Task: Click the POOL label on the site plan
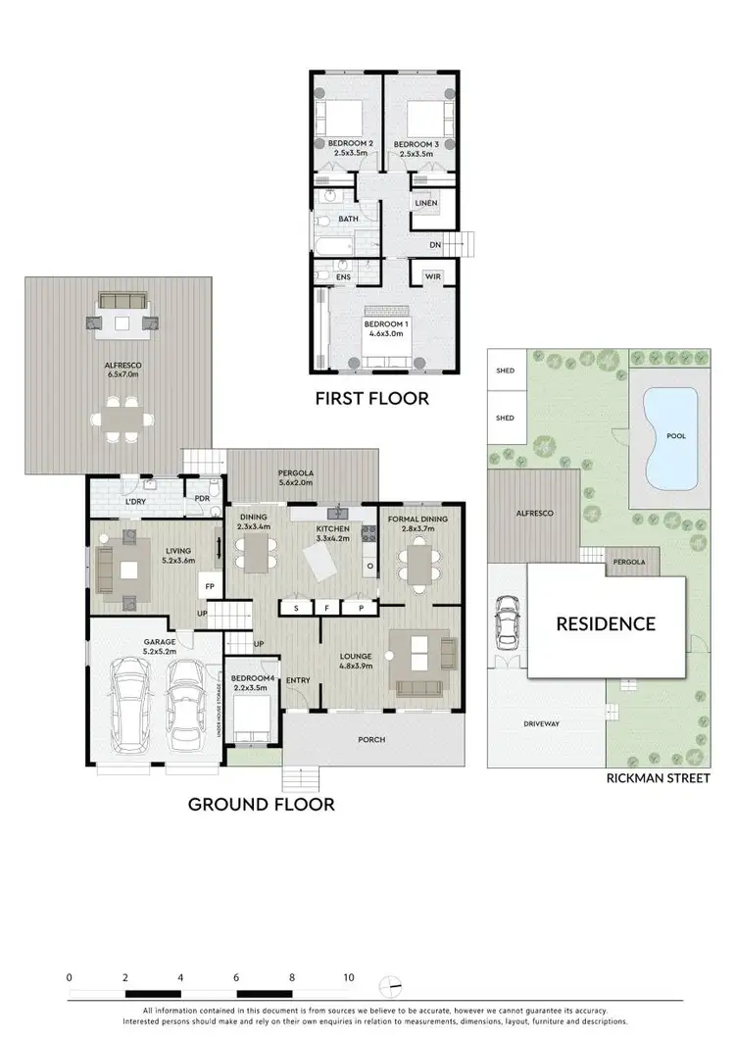click(x=676, y=435)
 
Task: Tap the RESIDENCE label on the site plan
click(x=606, y=622)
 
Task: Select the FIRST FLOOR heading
click(x=371, y=399)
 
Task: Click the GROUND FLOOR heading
click(x=261, y=805)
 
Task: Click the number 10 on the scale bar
click(x=349, y=977)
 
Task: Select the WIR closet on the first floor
click(x=434, y=276)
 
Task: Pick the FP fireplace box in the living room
click(x=209, y=587)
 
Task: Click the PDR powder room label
click(x=203, y=498)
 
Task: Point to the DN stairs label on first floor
click(x=435, y=245)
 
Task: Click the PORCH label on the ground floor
click(x=373, y=741)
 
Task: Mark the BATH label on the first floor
click(x=348, y=220)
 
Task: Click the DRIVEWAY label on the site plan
click(x=541, y=724)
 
